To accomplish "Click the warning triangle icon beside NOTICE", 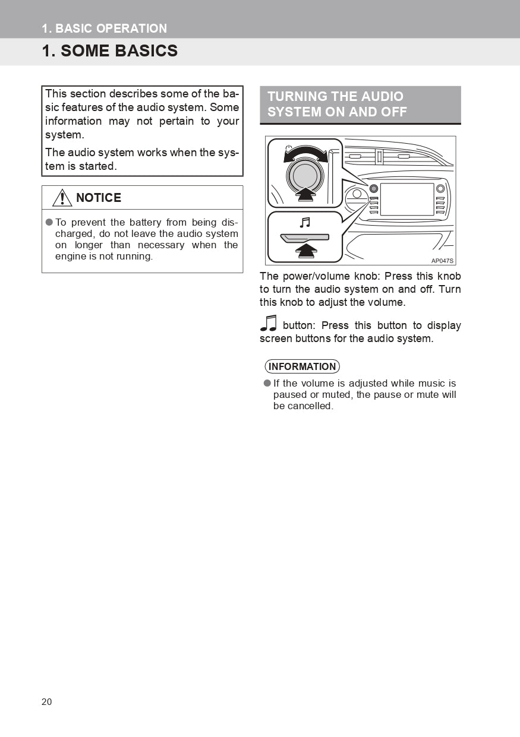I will point(62,198).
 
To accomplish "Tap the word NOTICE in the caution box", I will point(99,198).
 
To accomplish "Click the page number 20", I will point(47,702).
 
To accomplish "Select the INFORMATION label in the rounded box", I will point(302,366).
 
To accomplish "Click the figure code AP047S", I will point(443,261).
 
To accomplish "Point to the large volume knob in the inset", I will point(305,175).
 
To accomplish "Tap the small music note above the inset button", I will point(305,223).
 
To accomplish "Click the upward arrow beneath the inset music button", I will point(305,251).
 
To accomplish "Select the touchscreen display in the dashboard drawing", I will point(407,199).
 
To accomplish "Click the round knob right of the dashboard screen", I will point(440,189).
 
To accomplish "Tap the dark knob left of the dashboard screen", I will point(374,189).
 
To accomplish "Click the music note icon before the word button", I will point(269,322).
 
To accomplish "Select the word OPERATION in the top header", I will point(131,29).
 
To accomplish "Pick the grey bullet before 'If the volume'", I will point(267,383).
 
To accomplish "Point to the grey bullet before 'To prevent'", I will point(49,222).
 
